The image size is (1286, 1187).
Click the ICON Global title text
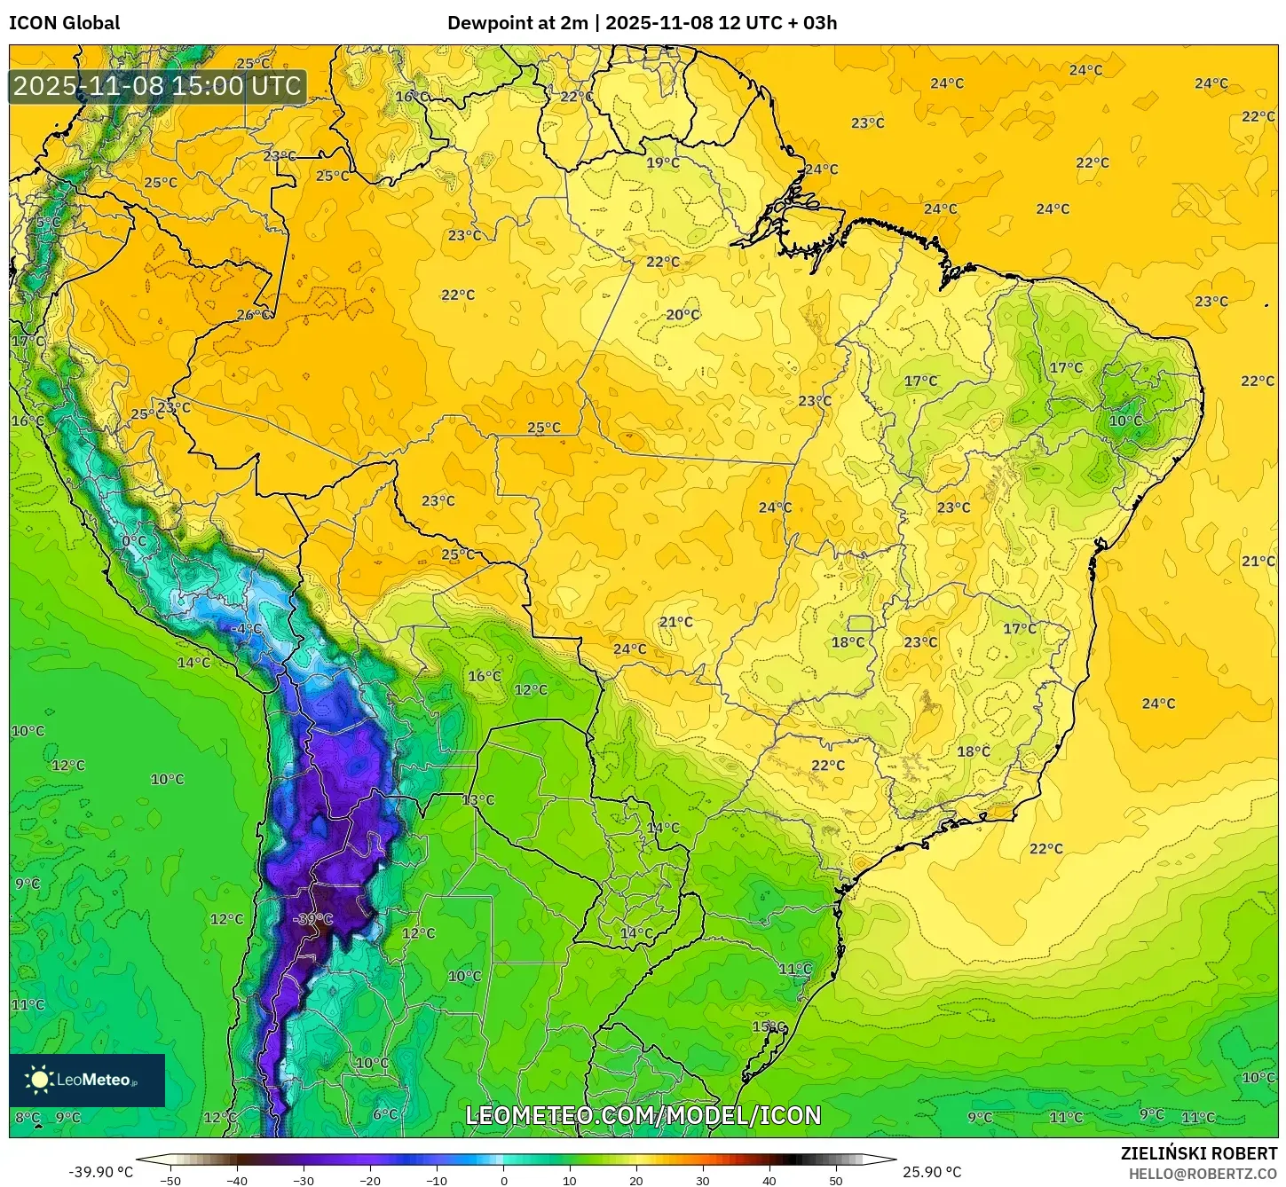click(64, 23)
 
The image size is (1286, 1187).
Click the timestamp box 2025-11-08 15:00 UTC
click(157, 86)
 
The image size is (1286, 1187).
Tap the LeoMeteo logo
click(87, 1080)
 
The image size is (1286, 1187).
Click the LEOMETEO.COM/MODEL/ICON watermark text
click(643, 1115)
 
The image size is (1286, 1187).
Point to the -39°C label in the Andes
click(312, 919)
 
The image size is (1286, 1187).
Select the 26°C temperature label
click(254, 315)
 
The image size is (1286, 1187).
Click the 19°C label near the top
click(662, 162)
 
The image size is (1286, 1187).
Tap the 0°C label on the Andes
click(134, 541)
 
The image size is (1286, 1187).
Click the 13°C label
click(478, 800)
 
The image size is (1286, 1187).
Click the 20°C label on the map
click(682, 315)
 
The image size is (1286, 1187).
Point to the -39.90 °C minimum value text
click(100, 1172)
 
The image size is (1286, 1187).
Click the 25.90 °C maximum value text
click(932, 1172)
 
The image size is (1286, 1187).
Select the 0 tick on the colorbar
click(503, 1180)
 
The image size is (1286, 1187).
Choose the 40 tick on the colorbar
click(769, 1180)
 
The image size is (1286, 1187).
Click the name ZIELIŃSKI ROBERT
click(1198, 1154)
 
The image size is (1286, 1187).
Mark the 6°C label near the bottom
click(385, 1114)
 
